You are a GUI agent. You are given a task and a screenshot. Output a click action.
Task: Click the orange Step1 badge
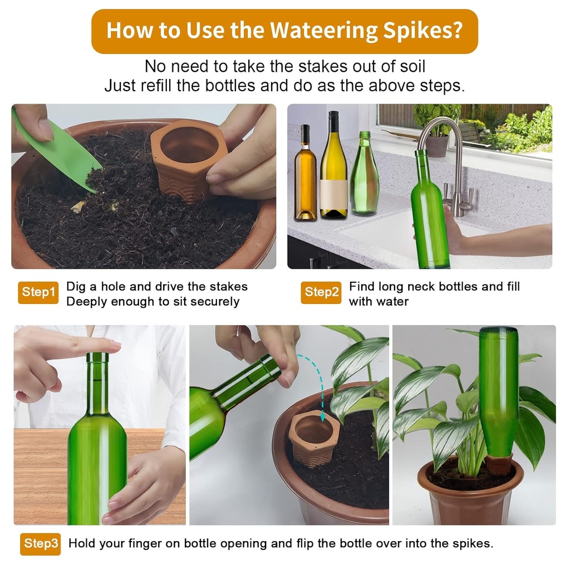(38, 293)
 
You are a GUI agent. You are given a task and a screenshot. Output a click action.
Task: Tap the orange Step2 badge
(321, 293)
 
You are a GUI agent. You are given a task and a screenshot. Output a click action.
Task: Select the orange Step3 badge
(40, 544)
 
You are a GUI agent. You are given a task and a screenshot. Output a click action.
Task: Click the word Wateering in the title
(318, 31)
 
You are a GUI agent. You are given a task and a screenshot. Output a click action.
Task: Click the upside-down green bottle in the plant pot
(498, 390)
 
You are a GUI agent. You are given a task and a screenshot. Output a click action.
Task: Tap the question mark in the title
(455, 31)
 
